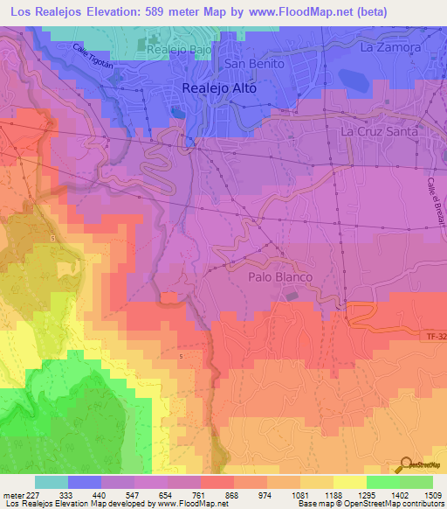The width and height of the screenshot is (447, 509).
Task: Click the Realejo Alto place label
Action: click(219, 87)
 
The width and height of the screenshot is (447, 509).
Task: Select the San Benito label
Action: click(255, 64)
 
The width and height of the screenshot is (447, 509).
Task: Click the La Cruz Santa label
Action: click(381, 131)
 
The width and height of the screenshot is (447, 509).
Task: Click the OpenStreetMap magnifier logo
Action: click(404, 464)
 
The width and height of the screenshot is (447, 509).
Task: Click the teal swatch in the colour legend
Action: click(52, 482)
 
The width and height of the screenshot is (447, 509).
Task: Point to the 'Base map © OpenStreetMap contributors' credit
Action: click(369, 504)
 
